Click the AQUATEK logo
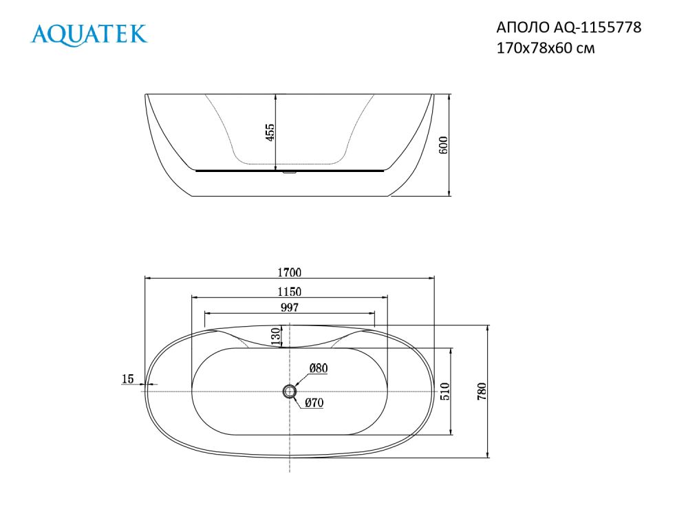tap(89, 34)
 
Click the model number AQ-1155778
tap(597, 28)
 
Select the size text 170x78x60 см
tap(546, 48)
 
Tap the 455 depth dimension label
tap(270, 132)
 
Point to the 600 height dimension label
tap(443, 145)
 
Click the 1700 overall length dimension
tap(289, 272)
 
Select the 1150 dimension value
tap(289, 292)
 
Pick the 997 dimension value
tap(290, 308)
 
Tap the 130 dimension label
tap(275, 337)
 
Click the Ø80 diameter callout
tap(319, 368)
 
